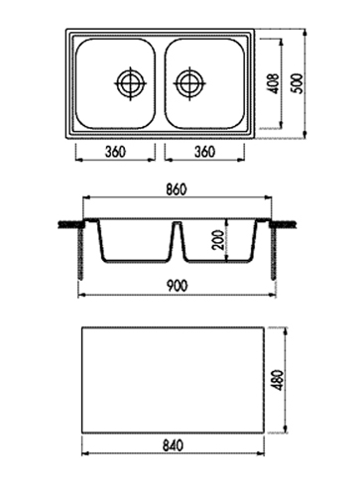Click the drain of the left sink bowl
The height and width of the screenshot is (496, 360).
(x=131, y=83)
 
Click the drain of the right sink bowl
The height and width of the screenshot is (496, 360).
(x=189, y=83)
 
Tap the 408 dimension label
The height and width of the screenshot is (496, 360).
(x=275, y=83)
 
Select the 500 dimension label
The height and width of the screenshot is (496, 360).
(x=299, y=83)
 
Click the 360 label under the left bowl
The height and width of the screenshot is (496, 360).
(x=115, y=152)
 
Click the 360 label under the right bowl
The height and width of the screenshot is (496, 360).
(x=204, y=152)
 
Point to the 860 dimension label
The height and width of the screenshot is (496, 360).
(x=177, y=189)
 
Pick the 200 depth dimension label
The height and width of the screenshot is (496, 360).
(x=219, y=240)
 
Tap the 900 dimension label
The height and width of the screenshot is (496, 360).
(x=177, y=286)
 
